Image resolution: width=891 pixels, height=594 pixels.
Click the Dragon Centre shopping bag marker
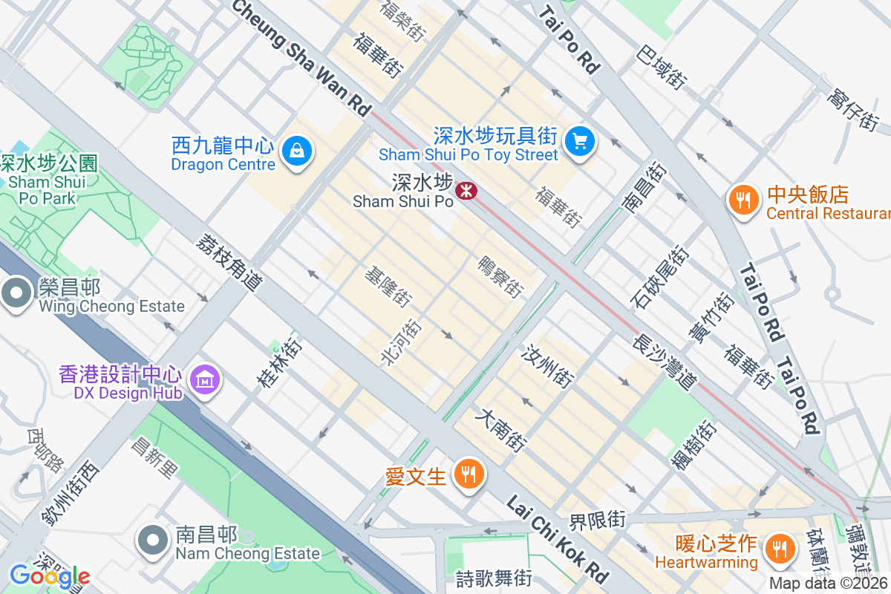click(297, 151)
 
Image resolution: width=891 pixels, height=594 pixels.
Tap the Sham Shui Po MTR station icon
click(466, 191)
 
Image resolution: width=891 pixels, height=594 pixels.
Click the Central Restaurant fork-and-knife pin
click(742, 200)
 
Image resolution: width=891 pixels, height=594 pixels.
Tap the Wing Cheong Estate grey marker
click(16, 294)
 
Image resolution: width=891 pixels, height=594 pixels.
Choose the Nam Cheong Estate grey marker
click(154, 541)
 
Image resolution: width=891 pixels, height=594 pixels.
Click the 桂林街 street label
click(279, 363)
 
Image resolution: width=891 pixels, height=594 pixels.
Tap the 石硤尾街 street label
click(660, 277)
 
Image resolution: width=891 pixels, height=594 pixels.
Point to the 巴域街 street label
click(662, 65)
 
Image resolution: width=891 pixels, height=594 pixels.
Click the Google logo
click(50, 575)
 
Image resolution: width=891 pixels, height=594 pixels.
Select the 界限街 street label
click(598, 520)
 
